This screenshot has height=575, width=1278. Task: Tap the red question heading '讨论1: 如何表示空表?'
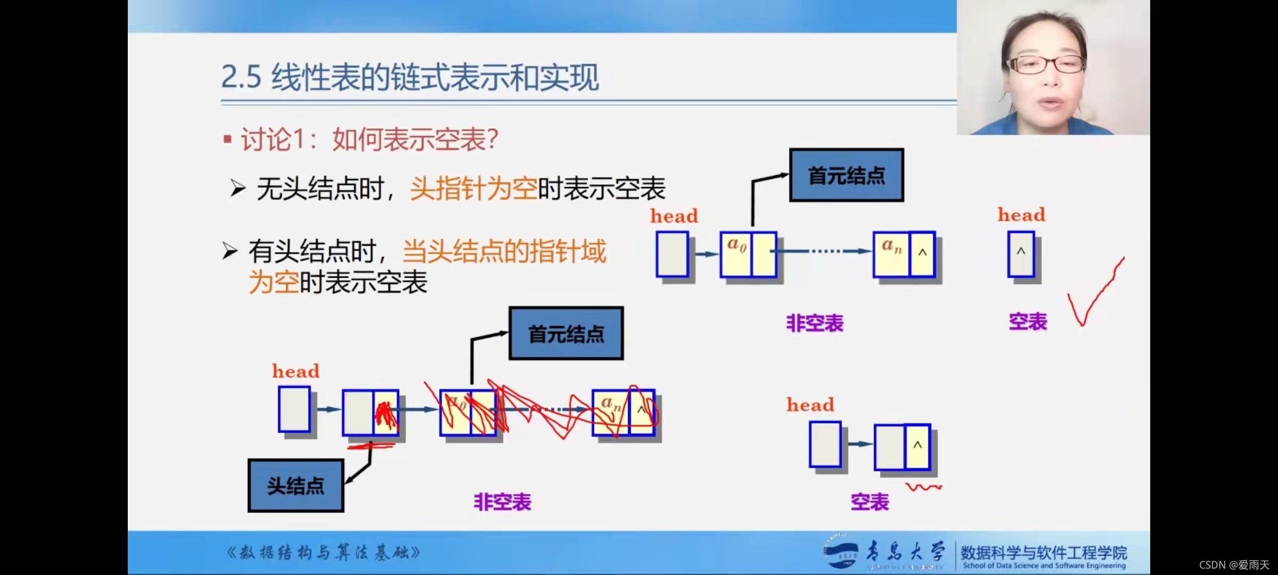(x=369, y=140)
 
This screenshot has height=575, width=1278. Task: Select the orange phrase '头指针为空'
(x=473, y=188)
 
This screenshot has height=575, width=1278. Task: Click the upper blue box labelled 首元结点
(x=846, y=175)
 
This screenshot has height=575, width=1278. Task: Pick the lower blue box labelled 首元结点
(x=566, y=334)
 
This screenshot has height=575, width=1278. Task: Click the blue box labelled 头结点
(x=296, y=486)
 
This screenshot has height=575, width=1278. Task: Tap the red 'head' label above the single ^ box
(x=1021, y=215)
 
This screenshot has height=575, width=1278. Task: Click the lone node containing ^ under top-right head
(x=1021, y=254)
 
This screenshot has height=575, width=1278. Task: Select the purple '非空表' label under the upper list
(x=815, y=323)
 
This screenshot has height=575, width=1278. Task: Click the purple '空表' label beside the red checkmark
(x=1028, y=322)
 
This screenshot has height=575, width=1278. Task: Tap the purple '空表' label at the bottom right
(x=870, y=502)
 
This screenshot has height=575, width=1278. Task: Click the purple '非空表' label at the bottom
(x=502, y=502)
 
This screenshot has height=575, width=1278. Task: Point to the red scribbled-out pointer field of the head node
(x=386, y=414)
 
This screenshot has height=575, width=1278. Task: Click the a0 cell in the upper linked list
(x=736, y=254)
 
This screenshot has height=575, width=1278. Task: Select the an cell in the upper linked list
(x=891, y=254)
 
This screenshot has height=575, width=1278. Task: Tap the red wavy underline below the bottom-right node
(x=923, y=487)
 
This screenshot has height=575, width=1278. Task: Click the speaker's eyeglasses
(x=1044, y=65)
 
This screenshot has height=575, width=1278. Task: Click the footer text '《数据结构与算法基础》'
(x=323, y=553)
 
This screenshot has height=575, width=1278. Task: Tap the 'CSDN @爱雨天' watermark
(x=1234, y=565)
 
